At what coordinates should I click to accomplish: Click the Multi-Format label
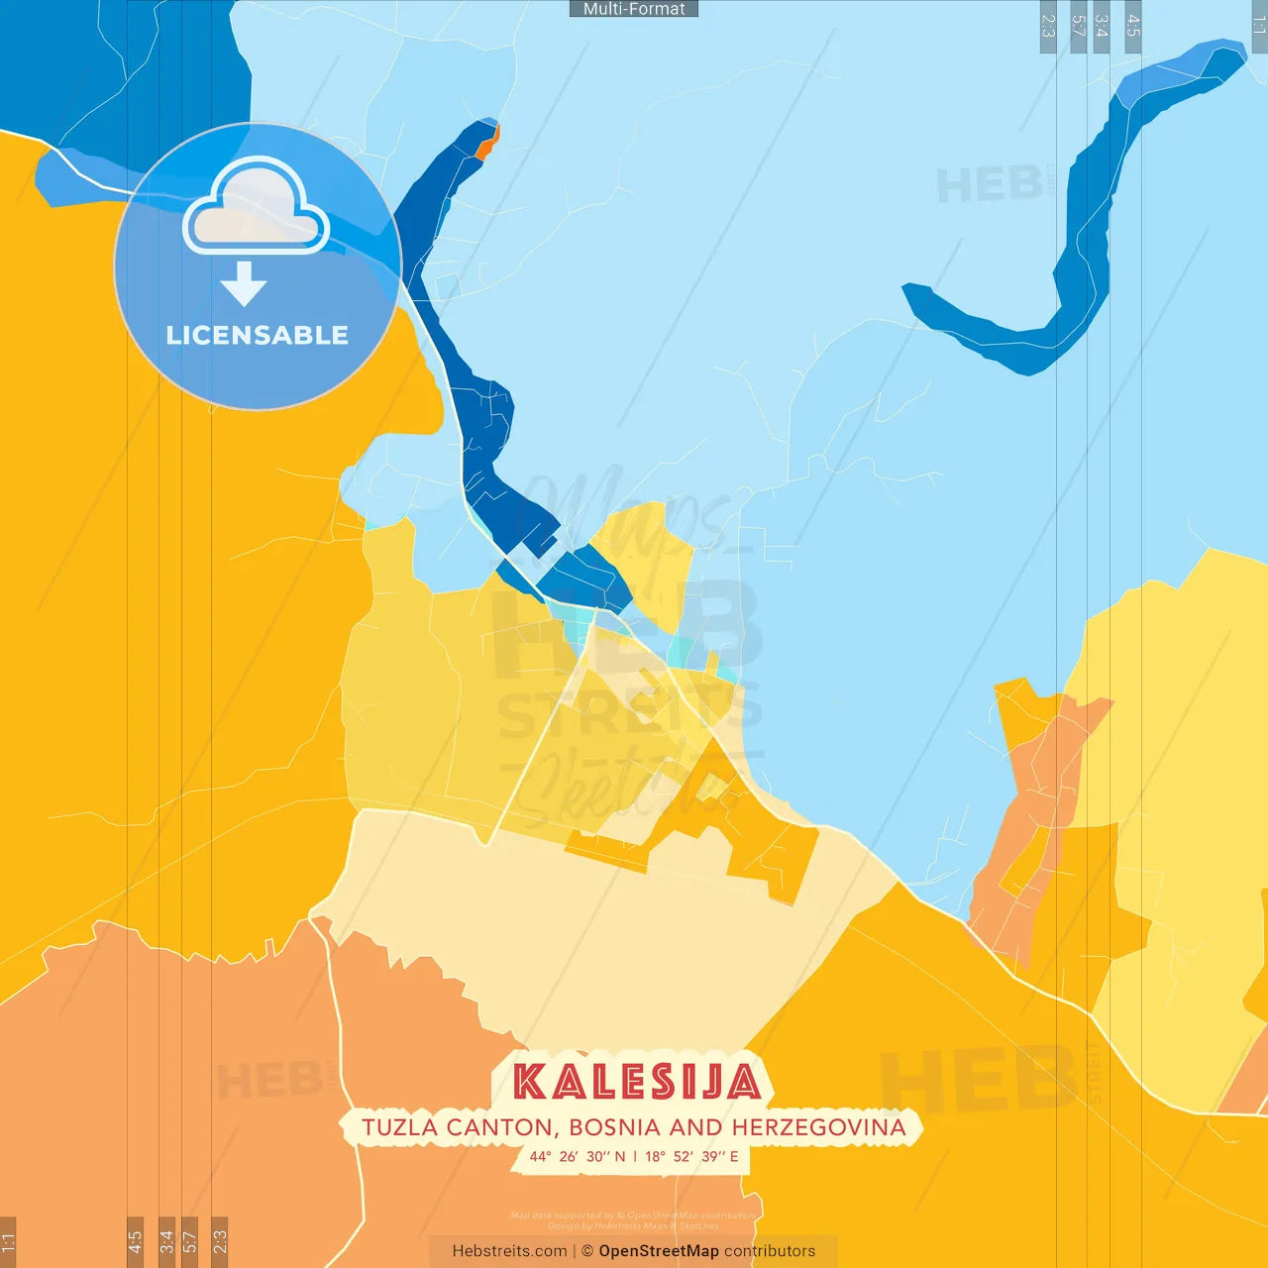tap(634, 9)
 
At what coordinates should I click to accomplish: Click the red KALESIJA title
tap(636, 1082)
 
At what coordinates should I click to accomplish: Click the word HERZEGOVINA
tap(818, 1127)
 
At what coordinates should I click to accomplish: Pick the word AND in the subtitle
tap(696, 1127)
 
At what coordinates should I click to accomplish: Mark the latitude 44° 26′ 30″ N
tap(577, 1156)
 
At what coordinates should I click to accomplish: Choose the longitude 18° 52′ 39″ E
tap(691, 1156)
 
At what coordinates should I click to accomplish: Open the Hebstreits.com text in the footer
tap(509, 1251)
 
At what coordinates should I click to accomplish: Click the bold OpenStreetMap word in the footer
tap(658, 1251)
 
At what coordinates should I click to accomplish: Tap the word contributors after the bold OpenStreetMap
tap(770, 1251)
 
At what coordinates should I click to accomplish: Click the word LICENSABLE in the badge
tap(258, 335)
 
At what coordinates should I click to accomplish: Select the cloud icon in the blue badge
tap(256, 208)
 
